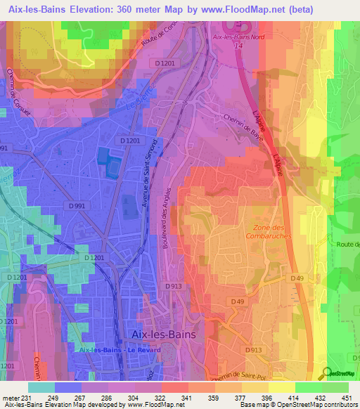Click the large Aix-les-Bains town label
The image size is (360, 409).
pos(165,335)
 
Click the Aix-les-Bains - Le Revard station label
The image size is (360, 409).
pos(115,350)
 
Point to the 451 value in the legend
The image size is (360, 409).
pos(347,397)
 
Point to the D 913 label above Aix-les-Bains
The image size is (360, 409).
pos(174,287)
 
